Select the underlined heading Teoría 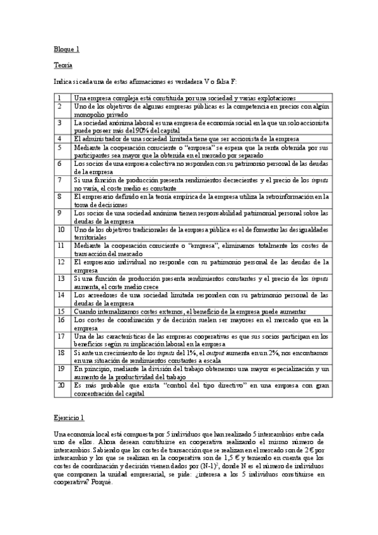pyautogui.click(x=63, y=65)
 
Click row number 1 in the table pyautogui.click(x=59, y=98)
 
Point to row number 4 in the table pyautogui.click(x=59, y=138)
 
